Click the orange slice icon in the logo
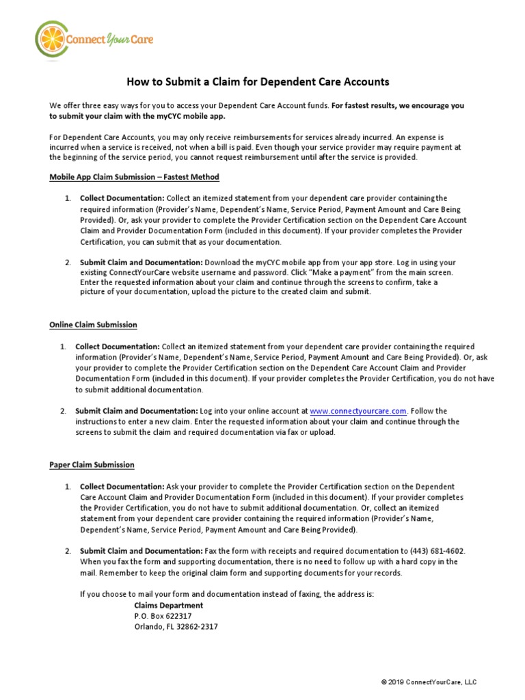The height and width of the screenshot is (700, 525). coord(49,40)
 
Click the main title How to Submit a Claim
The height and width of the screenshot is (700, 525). coord(258,82)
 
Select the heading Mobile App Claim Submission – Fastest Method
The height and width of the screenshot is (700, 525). coord(134,177)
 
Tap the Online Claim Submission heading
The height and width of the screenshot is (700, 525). coord(93,325)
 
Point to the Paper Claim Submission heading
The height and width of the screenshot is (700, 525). coord(92,464)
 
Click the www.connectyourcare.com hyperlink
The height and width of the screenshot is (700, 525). coord(358,411)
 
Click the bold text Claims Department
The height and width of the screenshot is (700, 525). coord(168,606)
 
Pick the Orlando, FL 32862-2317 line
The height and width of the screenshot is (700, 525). coord(176,627)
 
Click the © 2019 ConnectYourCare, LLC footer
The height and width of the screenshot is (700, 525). coord(429,682)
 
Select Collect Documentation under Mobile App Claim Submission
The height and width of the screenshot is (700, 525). coord(121,198)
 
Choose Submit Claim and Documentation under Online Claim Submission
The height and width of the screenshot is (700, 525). coord(136,411)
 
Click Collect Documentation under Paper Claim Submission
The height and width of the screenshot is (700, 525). coord(121,486)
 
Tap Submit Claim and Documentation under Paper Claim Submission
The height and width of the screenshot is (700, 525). coord(141,551)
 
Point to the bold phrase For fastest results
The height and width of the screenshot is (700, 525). coord(371,106)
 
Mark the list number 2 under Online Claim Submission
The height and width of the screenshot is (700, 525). coord(62,411)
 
